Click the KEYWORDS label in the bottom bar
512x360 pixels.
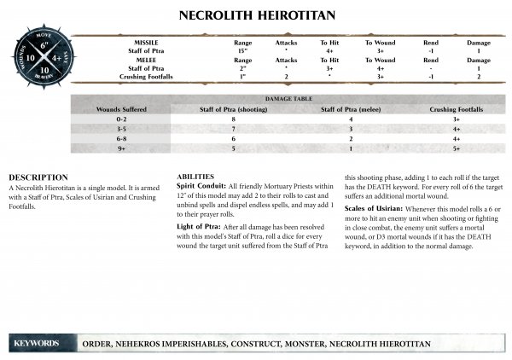point(37,342)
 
